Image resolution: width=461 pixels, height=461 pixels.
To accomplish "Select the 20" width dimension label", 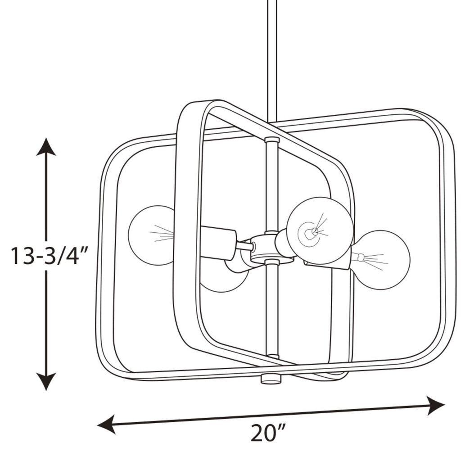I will (x=268, y=434).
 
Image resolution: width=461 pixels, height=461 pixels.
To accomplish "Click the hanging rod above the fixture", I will (x=272, y=59).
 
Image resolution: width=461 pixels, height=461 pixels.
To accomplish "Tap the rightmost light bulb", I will (x=383, y=260).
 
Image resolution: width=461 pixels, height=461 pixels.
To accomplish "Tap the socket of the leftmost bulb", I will (x=217, y=243).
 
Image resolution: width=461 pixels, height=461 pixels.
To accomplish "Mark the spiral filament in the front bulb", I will (x=310, y=232).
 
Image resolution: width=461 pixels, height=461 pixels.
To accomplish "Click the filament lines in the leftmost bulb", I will (x=162, y=234).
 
